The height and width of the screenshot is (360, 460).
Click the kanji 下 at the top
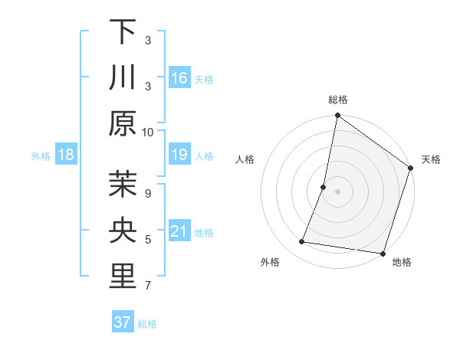click(x=123, y=31)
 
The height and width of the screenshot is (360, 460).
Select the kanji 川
click(x=123, y=77)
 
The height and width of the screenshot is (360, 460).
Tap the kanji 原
click(x=123, y=123)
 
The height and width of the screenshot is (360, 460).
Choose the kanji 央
click(x=123, y=231)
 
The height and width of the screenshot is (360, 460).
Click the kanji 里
click(x=123, y=277)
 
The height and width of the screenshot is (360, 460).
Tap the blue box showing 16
click(x=179, y=78)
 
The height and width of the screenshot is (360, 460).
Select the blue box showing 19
click(x=179, y=155)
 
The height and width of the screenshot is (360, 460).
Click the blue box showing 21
click(x=179, y=232)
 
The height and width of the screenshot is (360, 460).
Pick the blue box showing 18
click(x=66, y=155)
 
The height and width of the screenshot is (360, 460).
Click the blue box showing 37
click(x=123, y=322)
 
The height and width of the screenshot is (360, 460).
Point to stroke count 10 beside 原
click(x=148, y=132)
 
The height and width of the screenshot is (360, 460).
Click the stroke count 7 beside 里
click(x=148, y=286)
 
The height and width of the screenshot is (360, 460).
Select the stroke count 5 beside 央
click(x=148, y=240)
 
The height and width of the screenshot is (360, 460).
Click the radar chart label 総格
click(x=338, y=100)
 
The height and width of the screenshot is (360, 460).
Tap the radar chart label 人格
click(x=245, y=159)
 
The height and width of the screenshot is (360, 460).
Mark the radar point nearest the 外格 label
click(x=302, y=242)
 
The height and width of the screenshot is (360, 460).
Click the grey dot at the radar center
click(x=338, y=192)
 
